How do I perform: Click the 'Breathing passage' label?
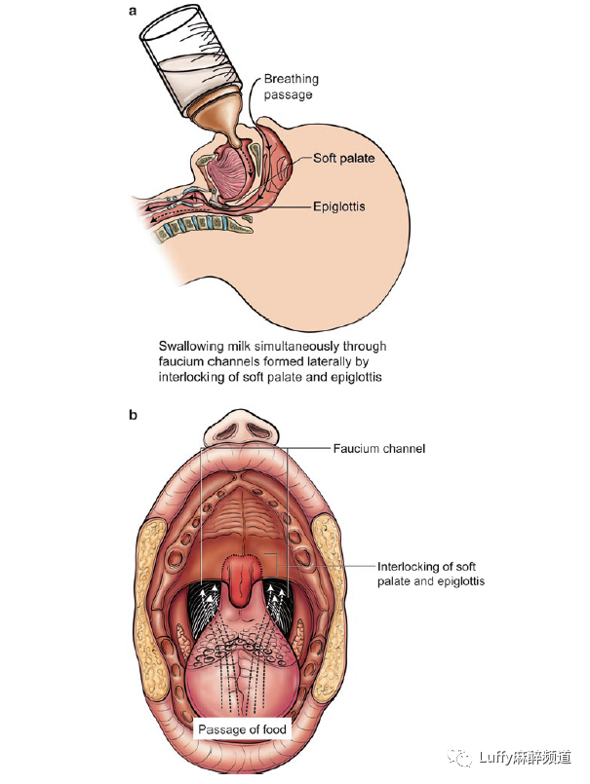point(291,87)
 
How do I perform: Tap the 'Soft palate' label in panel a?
point(344,158)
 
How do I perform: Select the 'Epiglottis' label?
point(340,205)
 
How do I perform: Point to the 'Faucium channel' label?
point(379,448)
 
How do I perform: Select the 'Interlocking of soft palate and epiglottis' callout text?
point(430,573)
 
